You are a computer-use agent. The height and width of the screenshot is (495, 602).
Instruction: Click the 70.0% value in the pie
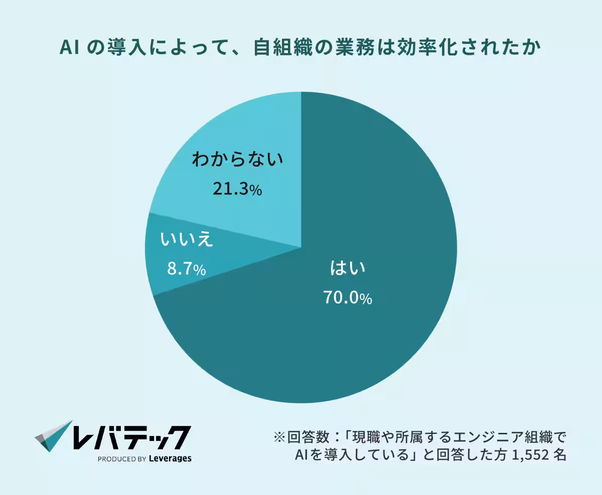347,299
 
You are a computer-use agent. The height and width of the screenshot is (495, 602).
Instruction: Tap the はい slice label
347,269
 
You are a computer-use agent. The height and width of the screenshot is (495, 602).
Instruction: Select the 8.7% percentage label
186,269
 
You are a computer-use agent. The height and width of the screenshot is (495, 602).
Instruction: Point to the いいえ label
187,240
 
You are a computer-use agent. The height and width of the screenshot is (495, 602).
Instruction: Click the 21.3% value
237,189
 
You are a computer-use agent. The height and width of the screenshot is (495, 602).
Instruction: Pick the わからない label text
237,160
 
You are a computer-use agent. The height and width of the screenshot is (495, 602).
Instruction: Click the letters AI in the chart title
68,48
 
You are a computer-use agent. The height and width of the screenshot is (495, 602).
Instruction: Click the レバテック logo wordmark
131,437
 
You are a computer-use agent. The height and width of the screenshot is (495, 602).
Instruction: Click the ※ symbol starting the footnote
279,437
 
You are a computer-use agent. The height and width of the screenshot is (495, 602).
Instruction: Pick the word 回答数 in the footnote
309,437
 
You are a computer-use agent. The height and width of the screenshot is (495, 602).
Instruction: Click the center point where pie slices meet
301,247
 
